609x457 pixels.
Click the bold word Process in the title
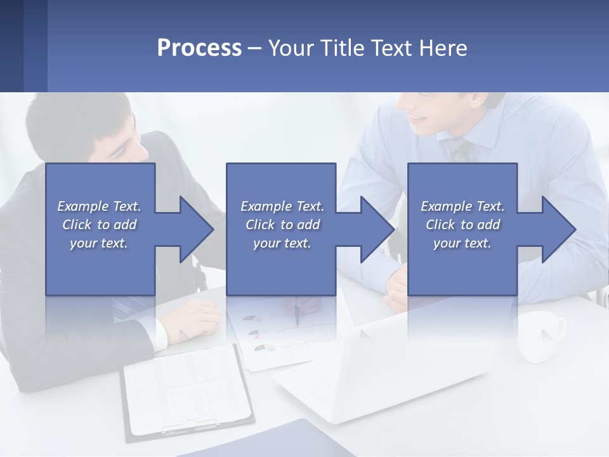[199, 48]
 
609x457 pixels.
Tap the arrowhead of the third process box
[558, 229]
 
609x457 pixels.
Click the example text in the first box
[99, 225]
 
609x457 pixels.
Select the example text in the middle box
[282, 225]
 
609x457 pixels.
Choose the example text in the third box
[462, 225]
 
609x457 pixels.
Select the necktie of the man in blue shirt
[459, 150]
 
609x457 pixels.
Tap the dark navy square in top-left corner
[11, 46]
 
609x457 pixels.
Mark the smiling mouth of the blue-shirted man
[417, 117]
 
